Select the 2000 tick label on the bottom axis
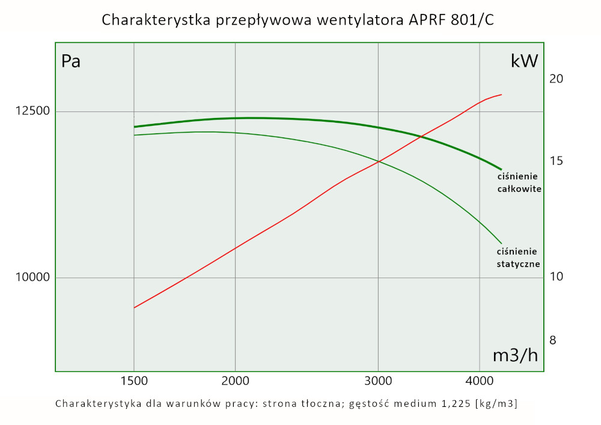[235, 381]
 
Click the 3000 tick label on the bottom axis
[378, 381]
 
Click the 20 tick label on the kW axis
[556, 79]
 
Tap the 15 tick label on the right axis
[556, 161]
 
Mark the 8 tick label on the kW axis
[553, 340]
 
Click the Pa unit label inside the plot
[71, 61]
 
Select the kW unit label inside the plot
[523, 61]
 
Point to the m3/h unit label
[515, 356]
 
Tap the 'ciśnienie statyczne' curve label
[518, 258]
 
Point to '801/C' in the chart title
[475, 20]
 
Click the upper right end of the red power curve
[501, 95]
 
